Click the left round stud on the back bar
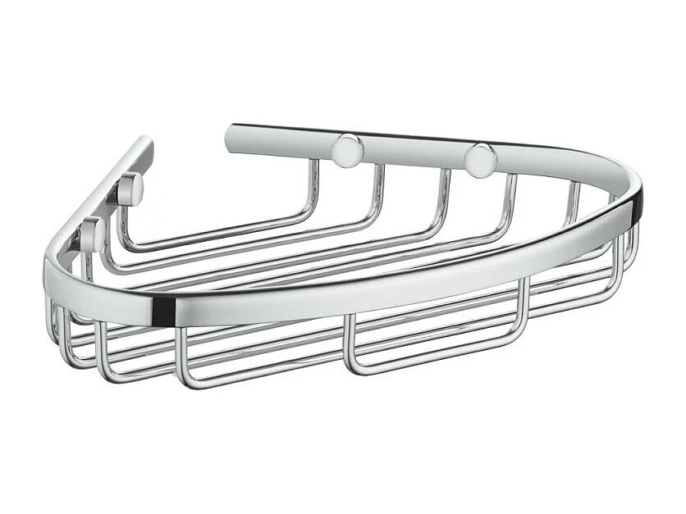click(x=347, y=150)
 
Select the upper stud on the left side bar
click(x=130, y=190)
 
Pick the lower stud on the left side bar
click(x=92, y=234)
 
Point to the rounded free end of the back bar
click(x=234, y=138)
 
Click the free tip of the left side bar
click(x=144, y=145)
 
